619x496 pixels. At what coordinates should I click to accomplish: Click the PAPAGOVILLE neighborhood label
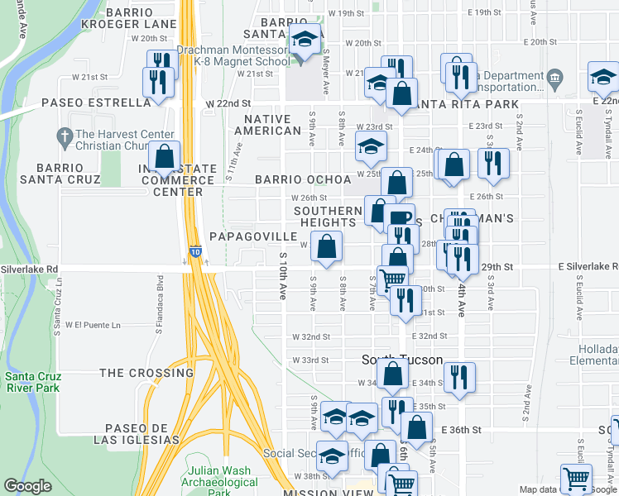click(252, 236)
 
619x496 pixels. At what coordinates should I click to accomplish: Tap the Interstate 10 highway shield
click(194, 250)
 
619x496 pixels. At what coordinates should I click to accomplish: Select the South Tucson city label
click(403, 360)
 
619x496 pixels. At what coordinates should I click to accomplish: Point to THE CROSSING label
click(146, 373)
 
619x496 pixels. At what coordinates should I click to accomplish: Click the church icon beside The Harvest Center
click(64, 134)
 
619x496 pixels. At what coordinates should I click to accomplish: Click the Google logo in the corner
click(28, 486)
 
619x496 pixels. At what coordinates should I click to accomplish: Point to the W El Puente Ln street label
click(93, 325)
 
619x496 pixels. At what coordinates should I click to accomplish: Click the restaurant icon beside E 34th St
click(458, 376)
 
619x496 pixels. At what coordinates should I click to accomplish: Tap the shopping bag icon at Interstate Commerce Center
click(165, 155)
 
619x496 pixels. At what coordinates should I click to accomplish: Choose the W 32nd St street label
click(311, 337)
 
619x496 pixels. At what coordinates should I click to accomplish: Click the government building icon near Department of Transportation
click(554, 79)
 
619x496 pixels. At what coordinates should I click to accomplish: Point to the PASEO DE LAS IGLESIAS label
click(142, 433)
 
